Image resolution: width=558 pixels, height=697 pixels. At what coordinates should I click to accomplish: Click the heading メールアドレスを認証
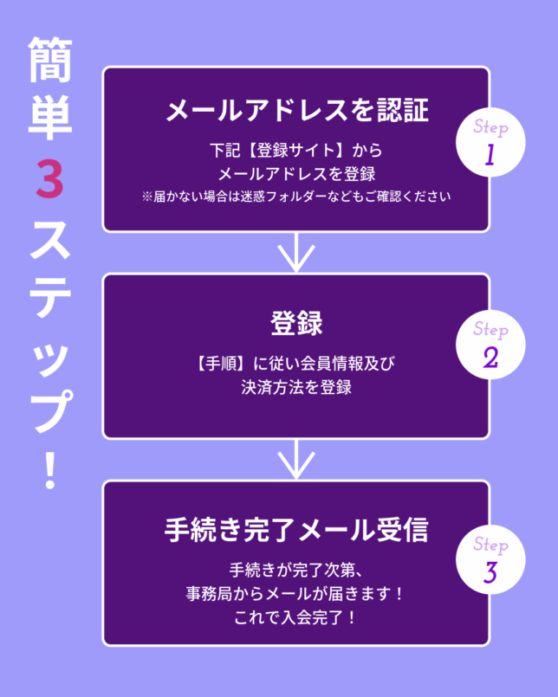coord(296,110)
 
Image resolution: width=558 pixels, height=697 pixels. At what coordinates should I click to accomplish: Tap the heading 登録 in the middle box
coord(296,322)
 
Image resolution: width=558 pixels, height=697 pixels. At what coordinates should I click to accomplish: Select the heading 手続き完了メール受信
coord(296,530)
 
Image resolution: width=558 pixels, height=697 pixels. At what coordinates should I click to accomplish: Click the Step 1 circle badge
coord(490,144)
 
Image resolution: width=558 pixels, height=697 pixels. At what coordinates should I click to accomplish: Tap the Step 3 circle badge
coord(490,562)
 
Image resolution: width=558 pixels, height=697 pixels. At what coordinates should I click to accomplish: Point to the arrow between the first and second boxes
coord(296,253)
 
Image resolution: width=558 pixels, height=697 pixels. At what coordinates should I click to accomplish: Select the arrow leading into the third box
coord(296,459)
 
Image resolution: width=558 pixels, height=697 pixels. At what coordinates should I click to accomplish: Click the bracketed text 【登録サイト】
coord(286,149)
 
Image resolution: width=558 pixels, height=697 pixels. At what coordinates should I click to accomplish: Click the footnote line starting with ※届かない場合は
coord(296,196)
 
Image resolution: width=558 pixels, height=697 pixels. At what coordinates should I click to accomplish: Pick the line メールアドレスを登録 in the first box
coord(296,172)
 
